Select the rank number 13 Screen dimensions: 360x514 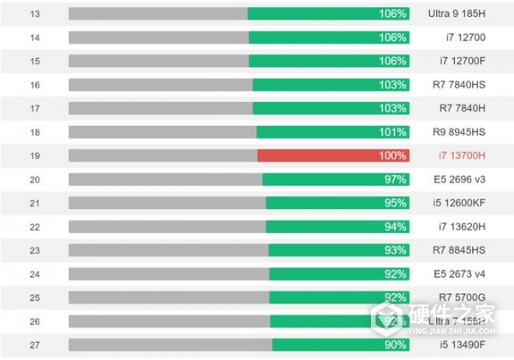(34, 14)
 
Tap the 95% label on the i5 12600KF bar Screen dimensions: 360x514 (396, 203)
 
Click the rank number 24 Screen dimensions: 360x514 (34, 274)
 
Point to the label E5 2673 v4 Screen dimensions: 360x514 (460, 274)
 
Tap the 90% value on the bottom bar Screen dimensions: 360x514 (396, 345)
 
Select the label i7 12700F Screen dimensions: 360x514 (461, 61)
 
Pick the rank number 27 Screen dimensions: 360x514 (34, 345)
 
